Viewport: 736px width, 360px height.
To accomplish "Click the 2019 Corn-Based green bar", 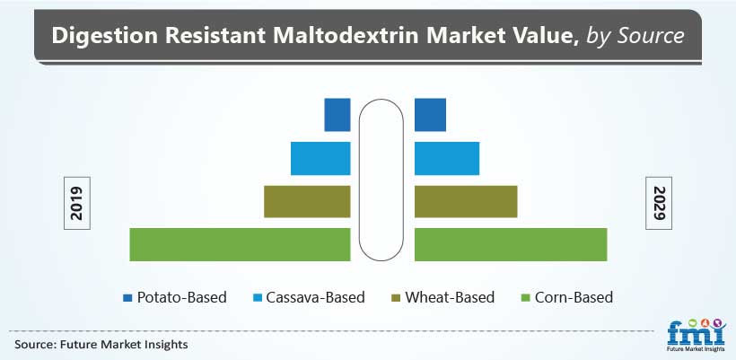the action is tap(240, 244).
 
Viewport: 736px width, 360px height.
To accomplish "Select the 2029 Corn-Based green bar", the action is tap(511, 244).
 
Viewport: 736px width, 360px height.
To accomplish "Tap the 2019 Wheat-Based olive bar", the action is tap(308, 201).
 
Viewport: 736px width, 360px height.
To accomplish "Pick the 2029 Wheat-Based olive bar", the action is tap(466, 201).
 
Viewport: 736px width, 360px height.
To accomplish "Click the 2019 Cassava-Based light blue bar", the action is tap(320, 158).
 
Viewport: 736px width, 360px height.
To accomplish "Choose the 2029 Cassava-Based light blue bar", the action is tap(447, 158).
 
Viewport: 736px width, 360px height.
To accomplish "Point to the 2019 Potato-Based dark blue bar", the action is tap(337, 115).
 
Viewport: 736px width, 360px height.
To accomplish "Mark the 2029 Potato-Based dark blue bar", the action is tap(430, 115).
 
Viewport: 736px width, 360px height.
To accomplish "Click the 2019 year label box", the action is tap(77, 203).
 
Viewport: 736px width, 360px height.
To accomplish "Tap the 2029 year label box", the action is tap(659, 203).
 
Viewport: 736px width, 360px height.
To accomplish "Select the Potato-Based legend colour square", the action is tap(127, 297).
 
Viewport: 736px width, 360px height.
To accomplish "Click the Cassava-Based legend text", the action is tap(315, 297).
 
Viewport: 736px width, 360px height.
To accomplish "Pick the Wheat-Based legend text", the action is tap(450, 297).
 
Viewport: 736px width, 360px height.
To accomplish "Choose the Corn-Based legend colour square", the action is tap(526, 297).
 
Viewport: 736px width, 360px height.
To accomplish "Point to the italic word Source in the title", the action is tap(650, 36).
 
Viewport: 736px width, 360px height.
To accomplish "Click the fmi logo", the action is tap(697, 336).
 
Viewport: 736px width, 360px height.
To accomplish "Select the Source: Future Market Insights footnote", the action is tap(101, 345).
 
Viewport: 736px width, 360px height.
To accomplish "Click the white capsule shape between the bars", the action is tap(381, 180).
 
